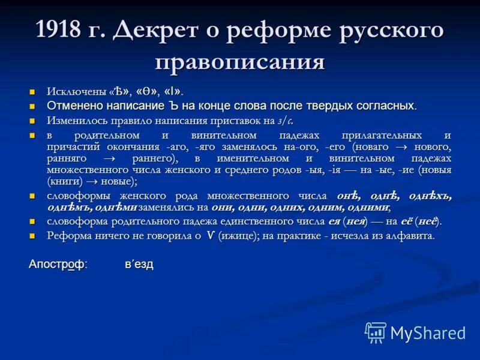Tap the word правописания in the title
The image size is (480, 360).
pos(240,62)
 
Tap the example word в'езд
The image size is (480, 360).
pos(139,264)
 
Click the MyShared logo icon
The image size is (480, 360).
pos(376,332)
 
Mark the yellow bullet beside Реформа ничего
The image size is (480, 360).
pos(34,236)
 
